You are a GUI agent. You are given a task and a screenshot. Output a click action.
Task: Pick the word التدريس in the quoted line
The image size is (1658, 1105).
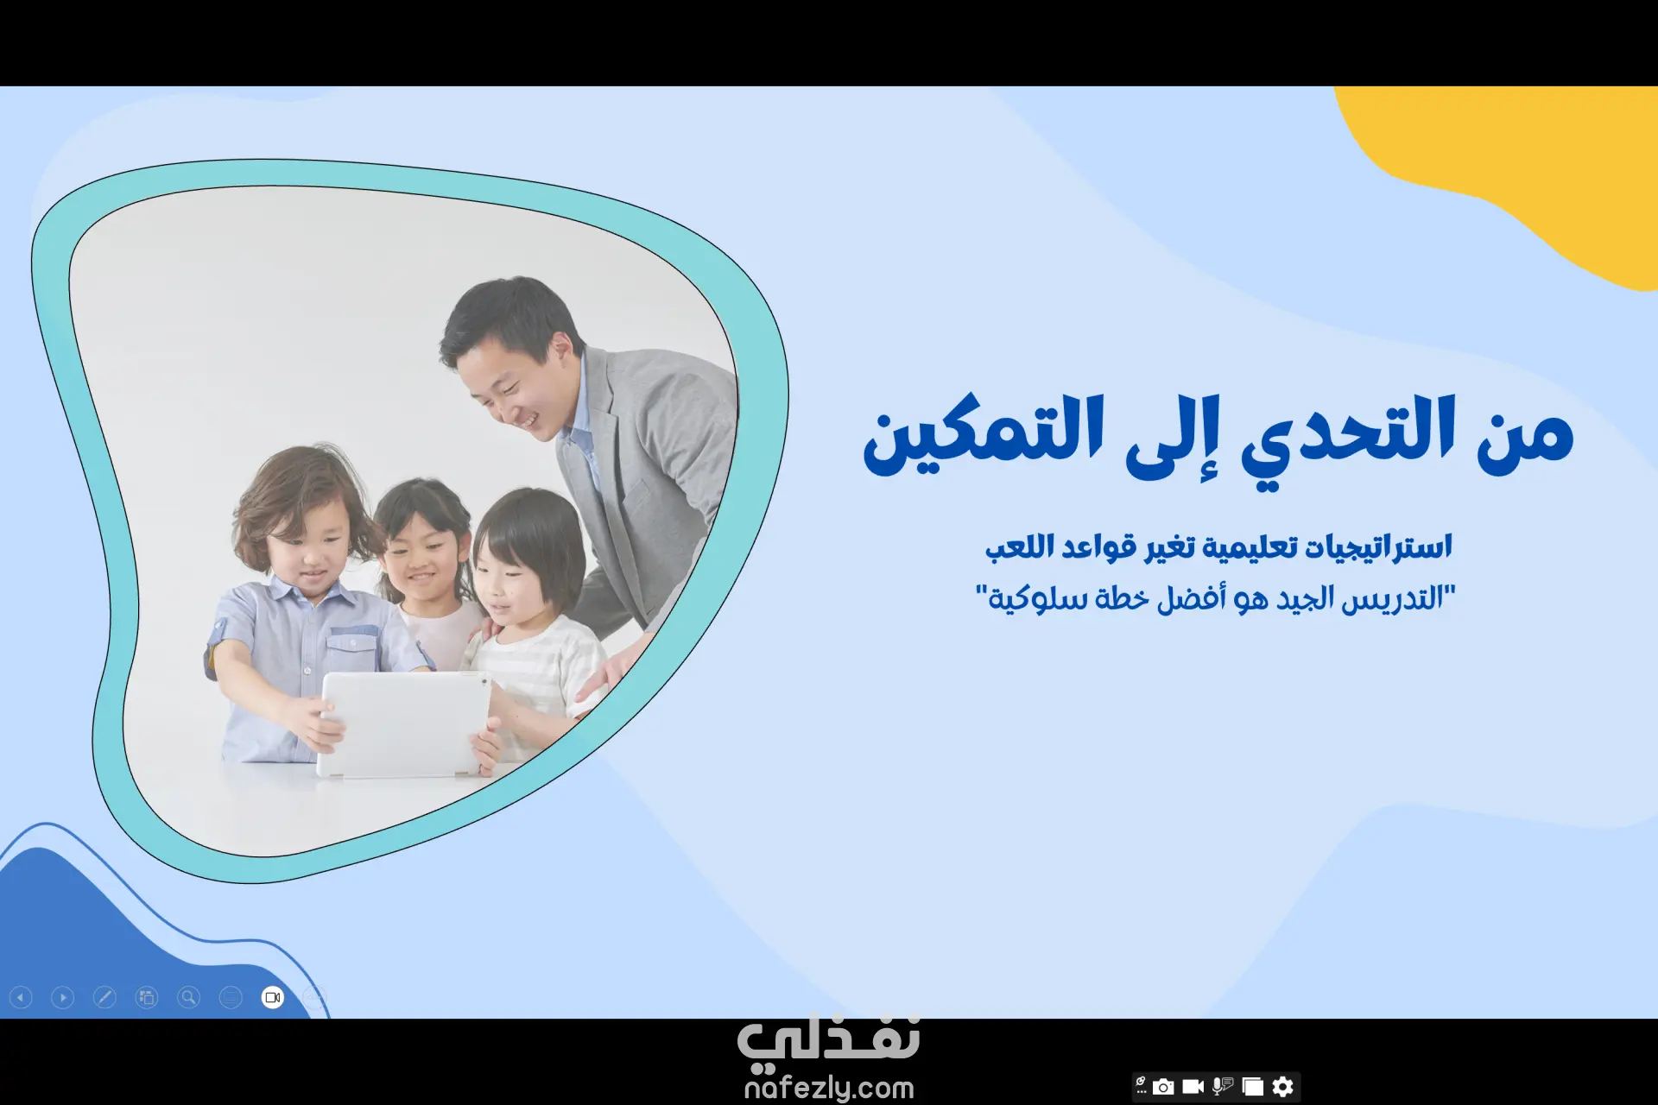[x=1392, y=598]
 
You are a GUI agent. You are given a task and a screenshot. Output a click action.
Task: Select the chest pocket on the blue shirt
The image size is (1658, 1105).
[x=351, y=652]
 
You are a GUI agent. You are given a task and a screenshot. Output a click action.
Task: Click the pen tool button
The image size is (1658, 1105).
[x=104, y=998]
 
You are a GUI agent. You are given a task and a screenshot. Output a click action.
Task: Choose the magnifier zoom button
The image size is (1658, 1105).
[x=188, y=998]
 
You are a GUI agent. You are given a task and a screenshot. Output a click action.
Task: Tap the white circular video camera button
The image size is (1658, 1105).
[x=273, y=998]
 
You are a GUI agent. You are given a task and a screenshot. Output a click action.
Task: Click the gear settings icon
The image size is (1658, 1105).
[x=1283, y=1086]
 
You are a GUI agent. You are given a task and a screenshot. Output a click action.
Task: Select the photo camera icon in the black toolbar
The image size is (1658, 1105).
[x=1163, y=1086]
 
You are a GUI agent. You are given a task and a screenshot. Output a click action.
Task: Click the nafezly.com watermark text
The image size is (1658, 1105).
[x=829, y=1088]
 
